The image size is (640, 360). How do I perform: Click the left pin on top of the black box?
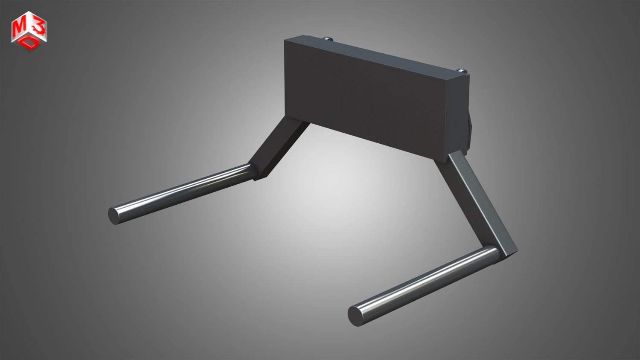point(328,39)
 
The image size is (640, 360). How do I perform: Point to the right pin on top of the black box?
point(462,70)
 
